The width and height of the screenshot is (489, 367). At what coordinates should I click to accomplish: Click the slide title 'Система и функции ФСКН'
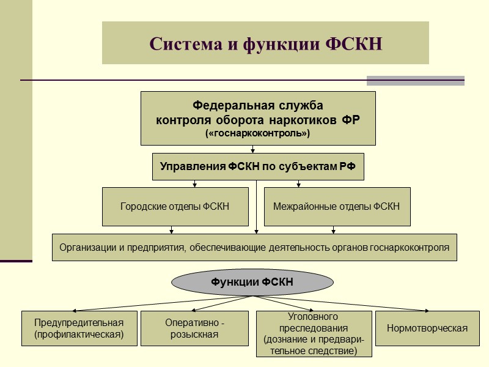pos(265,44)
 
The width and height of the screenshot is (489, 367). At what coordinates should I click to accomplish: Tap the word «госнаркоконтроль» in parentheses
pos(258,133)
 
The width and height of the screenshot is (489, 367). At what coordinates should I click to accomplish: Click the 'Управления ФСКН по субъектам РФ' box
pos(258,166)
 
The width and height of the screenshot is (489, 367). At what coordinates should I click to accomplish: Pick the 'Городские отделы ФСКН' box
pos(175,207)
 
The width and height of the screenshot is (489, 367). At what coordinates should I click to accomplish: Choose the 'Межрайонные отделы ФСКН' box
pos(337,207)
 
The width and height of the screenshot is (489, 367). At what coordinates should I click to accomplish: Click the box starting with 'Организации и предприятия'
pos(254,248)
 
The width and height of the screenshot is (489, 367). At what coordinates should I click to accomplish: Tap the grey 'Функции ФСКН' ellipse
pos(252,282)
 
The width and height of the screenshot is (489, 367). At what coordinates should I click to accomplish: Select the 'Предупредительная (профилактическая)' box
pos(79,328)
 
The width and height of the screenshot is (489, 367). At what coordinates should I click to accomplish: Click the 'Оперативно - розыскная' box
pos(194,328)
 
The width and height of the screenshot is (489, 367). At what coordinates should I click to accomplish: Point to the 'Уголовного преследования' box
pos(314,334)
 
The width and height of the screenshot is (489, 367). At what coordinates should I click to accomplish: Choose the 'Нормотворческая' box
pos(427,328)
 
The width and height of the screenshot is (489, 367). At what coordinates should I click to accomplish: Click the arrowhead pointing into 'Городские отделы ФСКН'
pos(194,184)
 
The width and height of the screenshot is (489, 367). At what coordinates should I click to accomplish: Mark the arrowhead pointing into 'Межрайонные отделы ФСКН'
pos(298,184)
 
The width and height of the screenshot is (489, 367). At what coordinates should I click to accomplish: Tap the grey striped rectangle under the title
pos(415,81)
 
